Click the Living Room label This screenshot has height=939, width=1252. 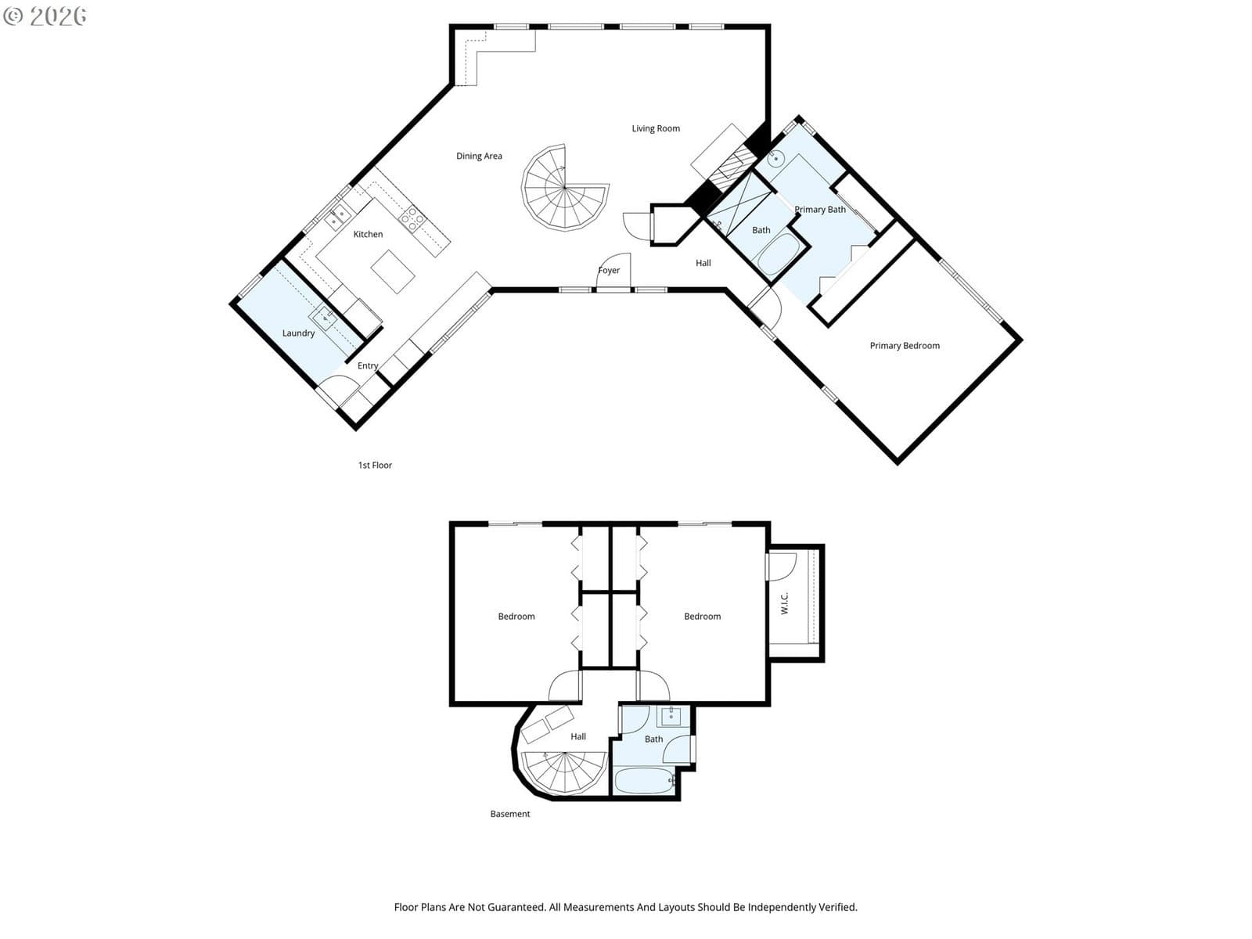pyautogui.click(x=656, y=128)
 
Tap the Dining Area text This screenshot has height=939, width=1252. pyautogui.click(x=479, y=156)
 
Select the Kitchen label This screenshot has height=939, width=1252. pyautogui.click(x=368, y=234)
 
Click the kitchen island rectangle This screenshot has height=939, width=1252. pyautogui.click(x=393, y=272)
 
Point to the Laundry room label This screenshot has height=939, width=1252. pyautogui.click(x=298, y=333)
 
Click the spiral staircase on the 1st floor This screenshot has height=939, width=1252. pyautogui.click(x=565, y=188)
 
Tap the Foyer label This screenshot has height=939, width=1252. pyautogui.click(x=609, y=270)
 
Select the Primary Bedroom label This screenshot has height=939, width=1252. pyautogui.click(x=904, y=346)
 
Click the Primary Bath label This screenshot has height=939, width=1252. pyautogui.click(x=819, y=209)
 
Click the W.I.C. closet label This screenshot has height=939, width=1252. pyautogui.click(x=784, y=603)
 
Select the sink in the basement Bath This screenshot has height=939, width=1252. pyautogui.click(x=671, y=716)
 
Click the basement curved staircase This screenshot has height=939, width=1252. pyautogui.click(x=564, y=772)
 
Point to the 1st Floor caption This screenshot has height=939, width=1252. pyautogui.click(x=375, y=466)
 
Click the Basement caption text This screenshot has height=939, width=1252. pyautogui.click(x=510, y=814)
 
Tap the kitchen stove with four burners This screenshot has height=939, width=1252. pyautogui.click(x=412, y=220)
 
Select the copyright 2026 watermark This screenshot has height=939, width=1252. pyautogui.click(x=45, y=16)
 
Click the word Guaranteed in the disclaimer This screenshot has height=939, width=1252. pyautogui.click(x=520, y=907)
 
